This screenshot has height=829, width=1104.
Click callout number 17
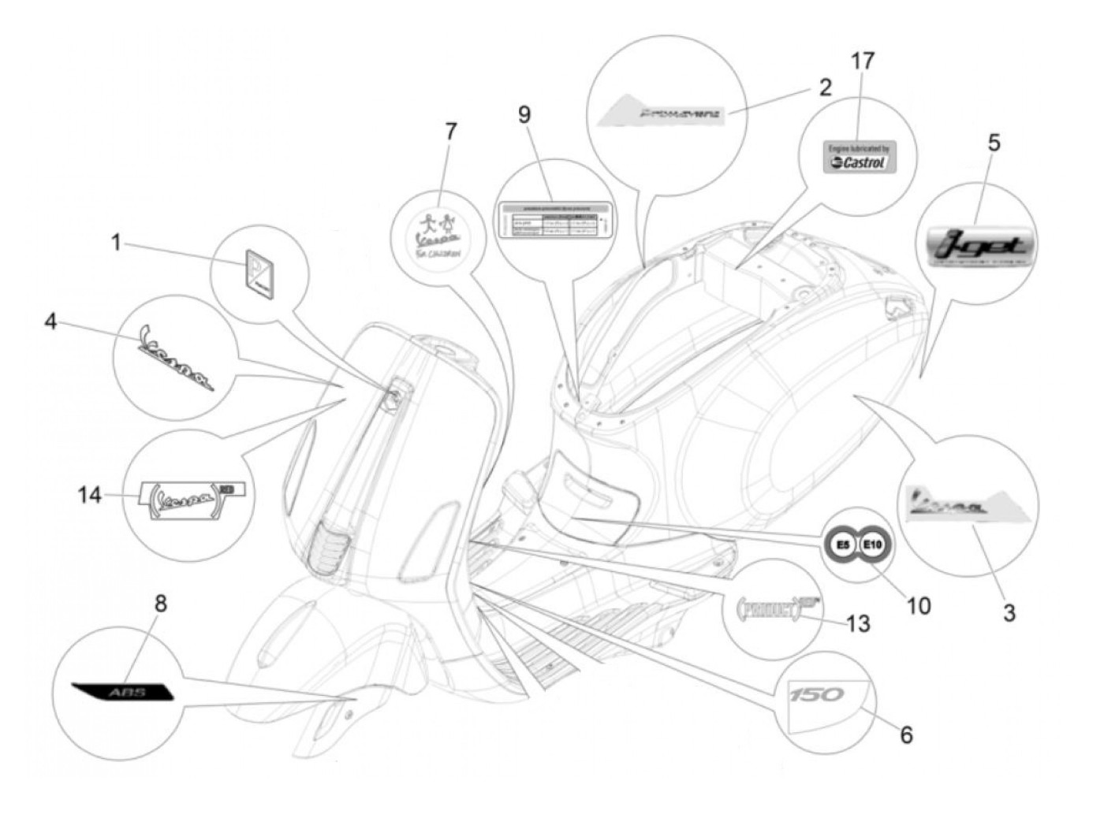(863, 61)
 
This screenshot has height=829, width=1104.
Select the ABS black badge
(122, 691)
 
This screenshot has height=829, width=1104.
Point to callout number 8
(160, 604)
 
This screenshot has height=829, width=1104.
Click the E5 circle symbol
(841, 543)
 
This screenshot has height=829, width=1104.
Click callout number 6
(906, 734)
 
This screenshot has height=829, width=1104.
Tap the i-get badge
(982, 245)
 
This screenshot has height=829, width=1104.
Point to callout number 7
(450, 131)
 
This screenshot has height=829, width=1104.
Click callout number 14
(90, 495)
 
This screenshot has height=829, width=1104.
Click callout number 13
(858, 623)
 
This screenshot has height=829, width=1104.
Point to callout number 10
(919, 605)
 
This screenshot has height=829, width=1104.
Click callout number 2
(825, 87)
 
